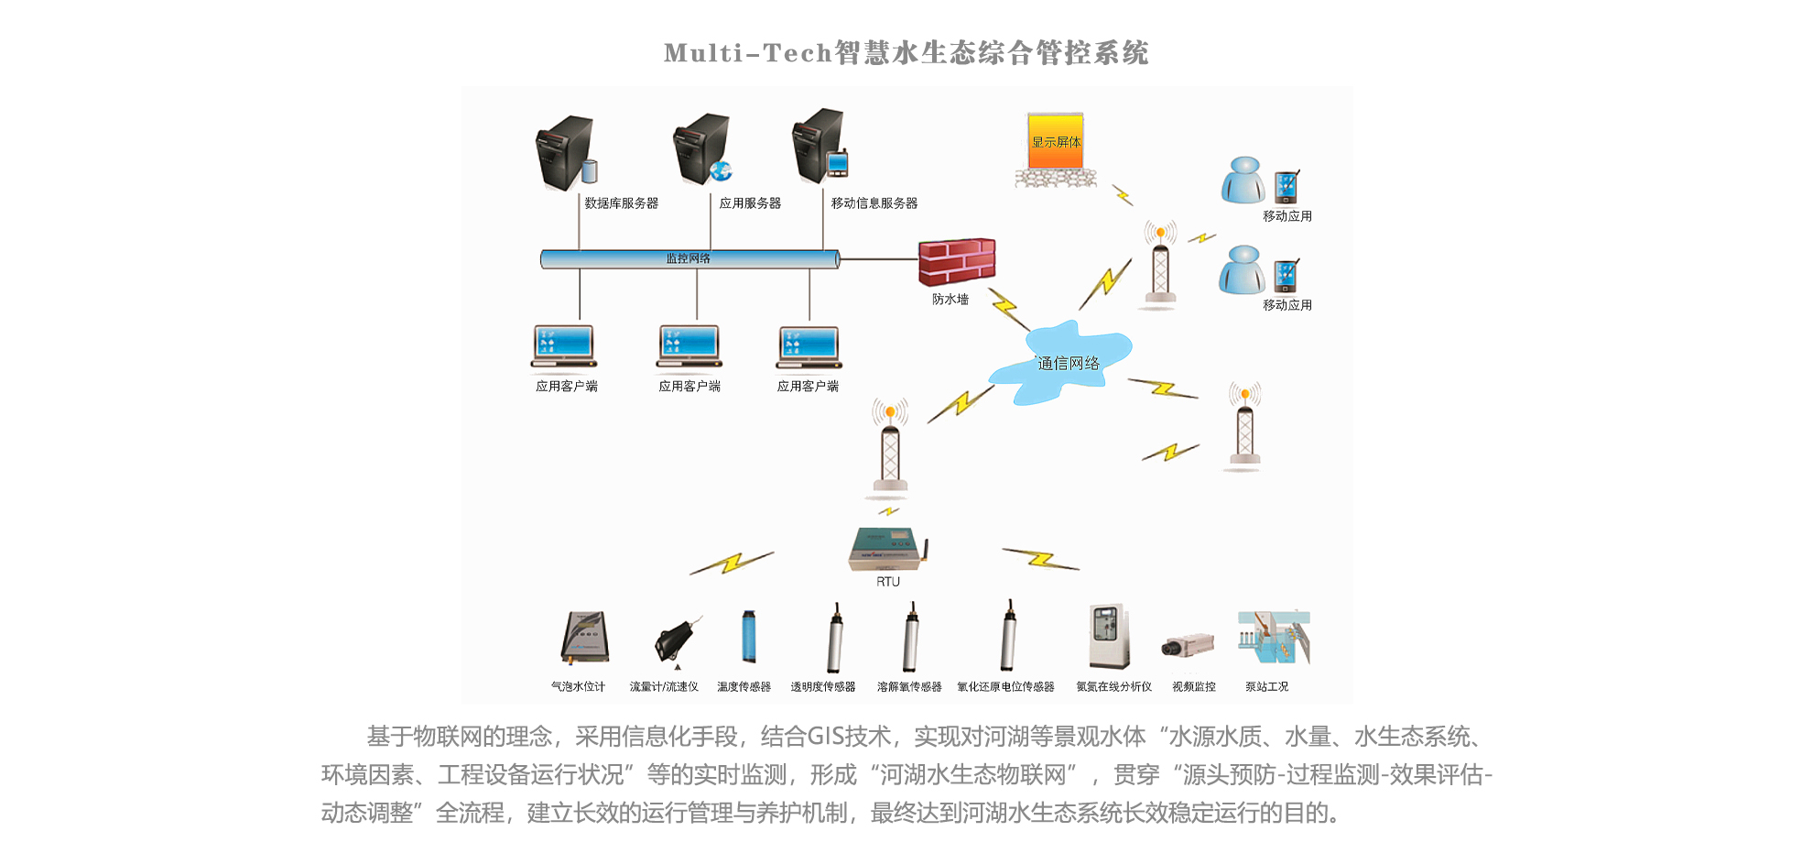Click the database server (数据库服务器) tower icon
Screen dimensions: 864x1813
tap(564, 152)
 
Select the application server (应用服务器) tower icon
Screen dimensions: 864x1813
tap(701, 149)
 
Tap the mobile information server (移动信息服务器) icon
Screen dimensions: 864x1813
tap(819, 147)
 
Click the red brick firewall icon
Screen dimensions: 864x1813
tap(957, 262)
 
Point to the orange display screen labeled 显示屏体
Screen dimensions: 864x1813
tap(1056, 141)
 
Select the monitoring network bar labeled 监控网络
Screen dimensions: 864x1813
tap(689, 259)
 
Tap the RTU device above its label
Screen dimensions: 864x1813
tap(887, 549)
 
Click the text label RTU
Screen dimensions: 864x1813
tap(888, 582)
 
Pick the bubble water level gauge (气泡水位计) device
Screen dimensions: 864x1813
tap(585, 638)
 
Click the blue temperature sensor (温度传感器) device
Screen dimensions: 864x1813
tap(749, 637)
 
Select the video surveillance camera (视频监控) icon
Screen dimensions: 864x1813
tap(1188, 645)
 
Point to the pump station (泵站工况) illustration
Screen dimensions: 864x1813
tap(1273, 638)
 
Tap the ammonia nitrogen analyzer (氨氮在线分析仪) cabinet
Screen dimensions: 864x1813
tap(1108, 637)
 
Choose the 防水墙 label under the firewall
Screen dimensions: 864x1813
tap(950, 300)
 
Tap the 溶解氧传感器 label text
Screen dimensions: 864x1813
tap(909, 687)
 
